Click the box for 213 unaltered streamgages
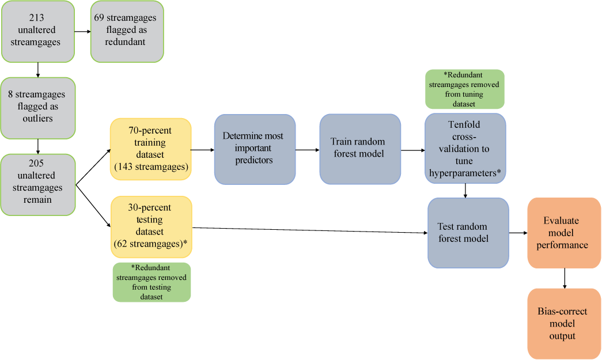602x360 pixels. [x=38, y=31]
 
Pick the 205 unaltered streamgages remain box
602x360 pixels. [x=38, y=184]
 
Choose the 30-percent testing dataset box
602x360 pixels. [x=150, y=226]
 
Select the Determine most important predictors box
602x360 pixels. [x=255, y=149]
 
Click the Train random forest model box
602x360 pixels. [x=360, y=149]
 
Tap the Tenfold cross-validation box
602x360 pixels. [x=465, y=148]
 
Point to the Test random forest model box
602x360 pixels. [x=468, y=233]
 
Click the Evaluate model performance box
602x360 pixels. [x=564, y=233]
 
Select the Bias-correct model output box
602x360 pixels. [x=564, y=323]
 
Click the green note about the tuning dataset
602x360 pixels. [x=464, y=89]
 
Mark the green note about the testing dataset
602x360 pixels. [x=152, y=282]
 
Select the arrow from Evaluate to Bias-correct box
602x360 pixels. [x=565, y=278]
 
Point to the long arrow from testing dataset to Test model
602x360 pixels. [x=311, y=230]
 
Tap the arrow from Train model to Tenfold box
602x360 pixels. [x=412, y=150]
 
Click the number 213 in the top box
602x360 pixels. [x=38, y=17]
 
